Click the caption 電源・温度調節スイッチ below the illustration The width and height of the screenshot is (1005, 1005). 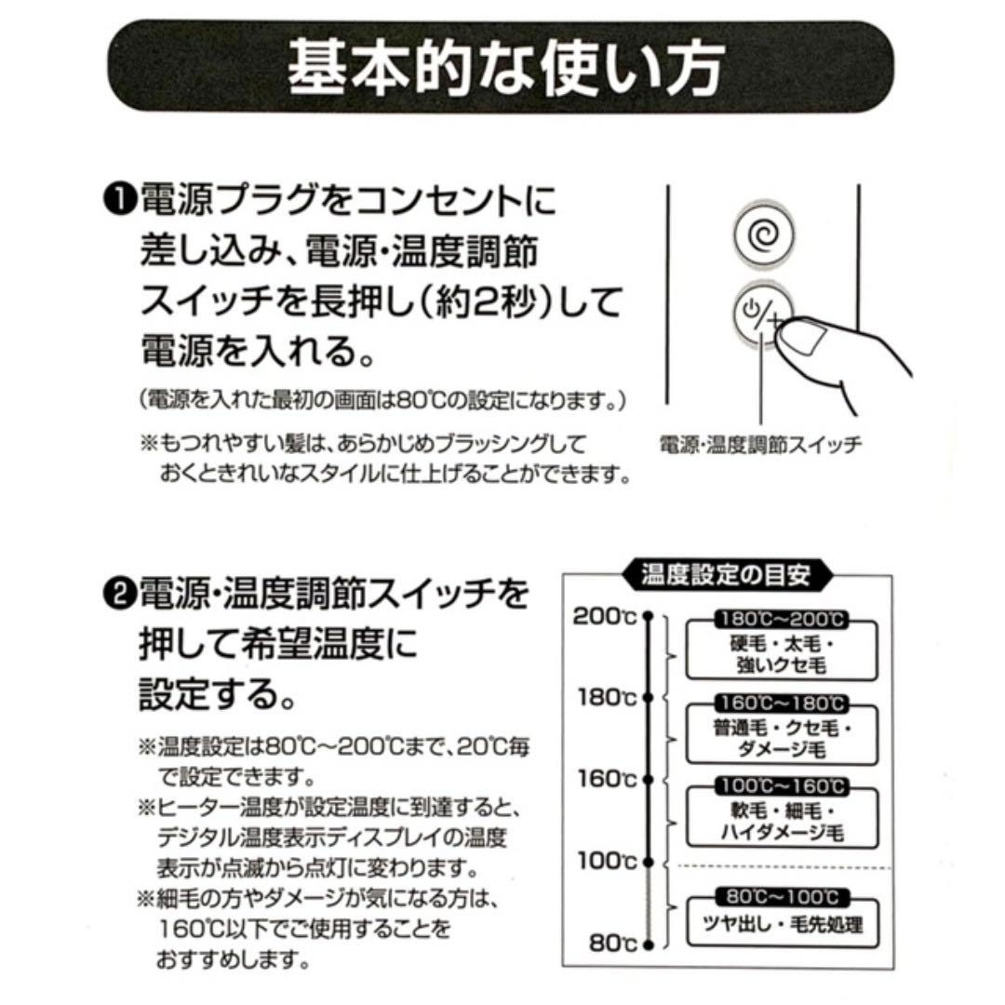759,444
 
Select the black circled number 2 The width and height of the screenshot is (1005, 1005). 122,593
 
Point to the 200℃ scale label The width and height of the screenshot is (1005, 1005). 604,616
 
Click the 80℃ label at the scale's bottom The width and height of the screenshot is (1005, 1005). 612,943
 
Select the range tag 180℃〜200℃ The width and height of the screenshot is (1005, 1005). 782,618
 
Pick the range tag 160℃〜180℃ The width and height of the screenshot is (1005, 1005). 782,702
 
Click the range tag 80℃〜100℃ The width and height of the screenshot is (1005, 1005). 782,897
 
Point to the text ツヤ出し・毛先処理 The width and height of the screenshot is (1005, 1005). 782,925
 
